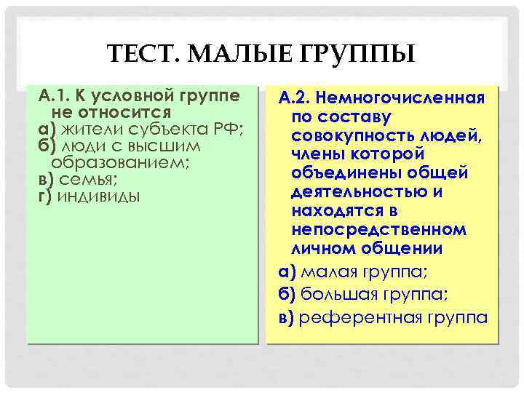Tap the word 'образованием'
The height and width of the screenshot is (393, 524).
(120, 163)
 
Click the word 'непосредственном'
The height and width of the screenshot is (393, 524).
(378, 230)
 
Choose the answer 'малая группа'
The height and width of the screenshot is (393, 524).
(364, 274)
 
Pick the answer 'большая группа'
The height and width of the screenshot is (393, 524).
(375, 295)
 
